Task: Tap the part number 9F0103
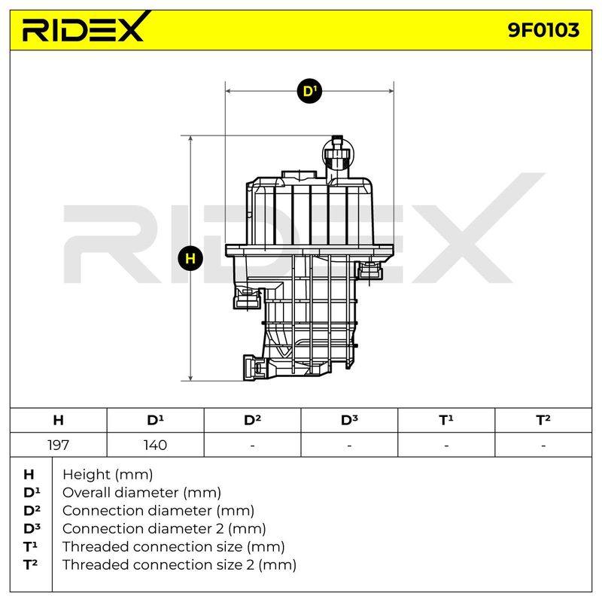[x=543, y=30]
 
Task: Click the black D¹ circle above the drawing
[x=309, y=91]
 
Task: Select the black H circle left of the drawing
[x=190, y=258]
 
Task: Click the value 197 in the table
[x=59, y=445]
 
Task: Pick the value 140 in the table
[x=155, y=445]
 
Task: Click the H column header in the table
[x=59, y=420]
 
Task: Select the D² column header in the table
[x=252, y=420]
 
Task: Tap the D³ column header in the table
[x=349, y=420]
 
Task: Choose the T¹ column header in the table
[x=446, y=420]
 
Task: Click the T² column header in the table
[x=543, y=420]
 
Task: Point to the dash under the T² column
[x=543, y=446]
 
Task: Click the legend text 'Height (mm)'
[x=108, y=475]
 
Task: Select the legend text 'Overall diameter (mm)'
[x=141, y=493]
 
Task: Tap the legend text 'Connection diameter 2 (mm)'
[x=164, y=529]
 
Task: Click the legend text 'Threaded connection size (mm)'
[x=174, y=547]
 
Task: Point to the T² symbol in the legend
[x=31, y=565]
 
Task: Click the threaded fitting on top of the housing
[x=336, y=155]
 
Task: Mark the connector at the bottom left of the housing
[x=255, y=367]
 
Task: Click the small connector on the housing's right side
[x=370, y=269]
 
